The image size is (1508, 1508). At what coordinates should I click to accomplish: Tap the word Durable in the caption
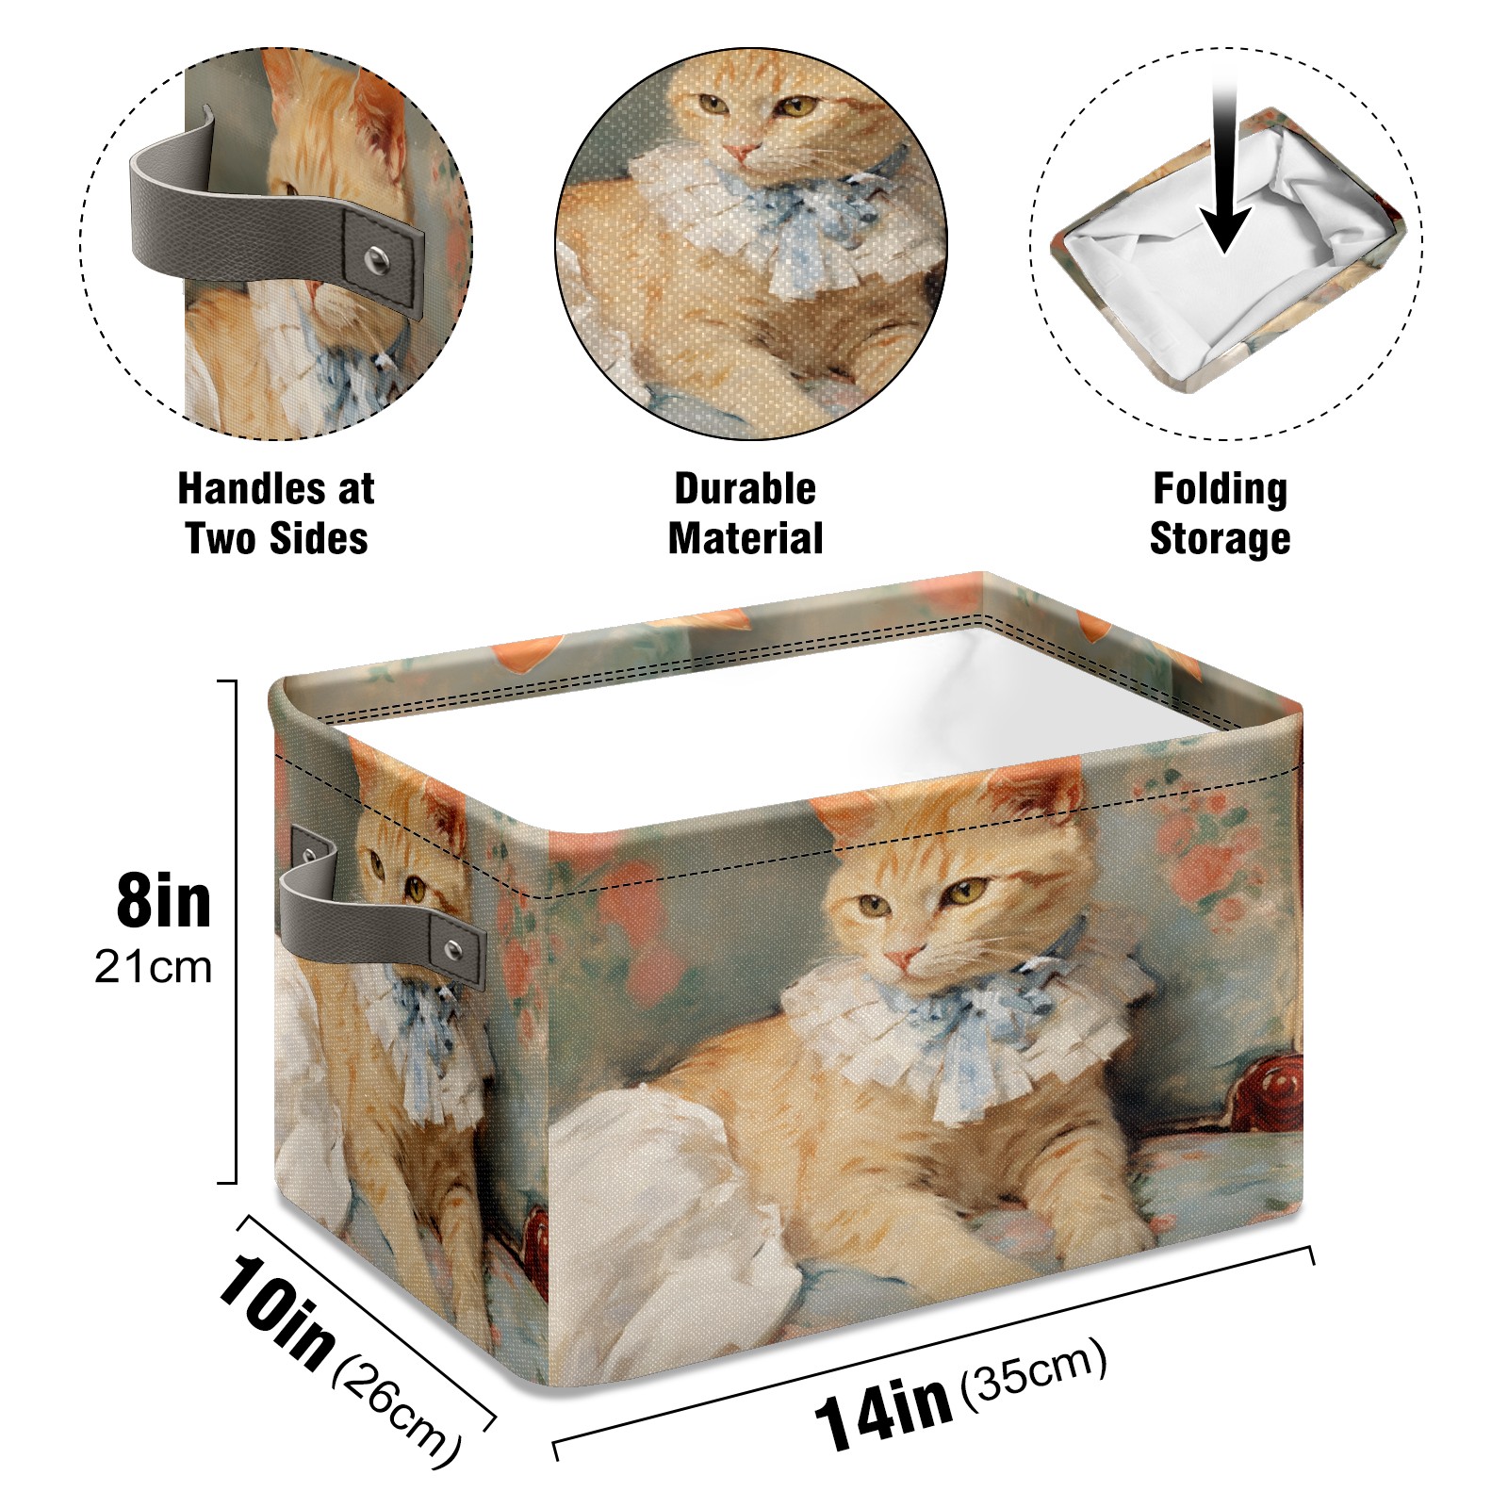pos(745,488)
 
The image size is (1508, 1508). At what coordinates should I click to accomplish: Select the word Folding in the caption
pos(1220,490)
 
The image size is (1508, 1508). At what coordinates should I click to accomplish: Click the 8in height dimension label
pos(164,902)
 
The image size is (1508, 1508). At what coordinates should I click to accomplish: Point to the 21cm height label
pos(154,968)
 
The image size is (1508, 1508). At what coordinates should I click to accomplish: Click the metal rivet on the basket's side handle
pos(453,948)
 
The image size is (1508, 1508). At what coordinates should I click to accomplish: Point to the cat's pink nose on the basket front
pos(899,959)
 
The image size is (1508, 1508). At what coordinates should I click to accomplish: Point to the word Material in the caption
pos(746,539)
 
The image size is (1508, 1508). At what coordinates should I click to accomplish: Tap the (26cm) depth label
pos(397,1411)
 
